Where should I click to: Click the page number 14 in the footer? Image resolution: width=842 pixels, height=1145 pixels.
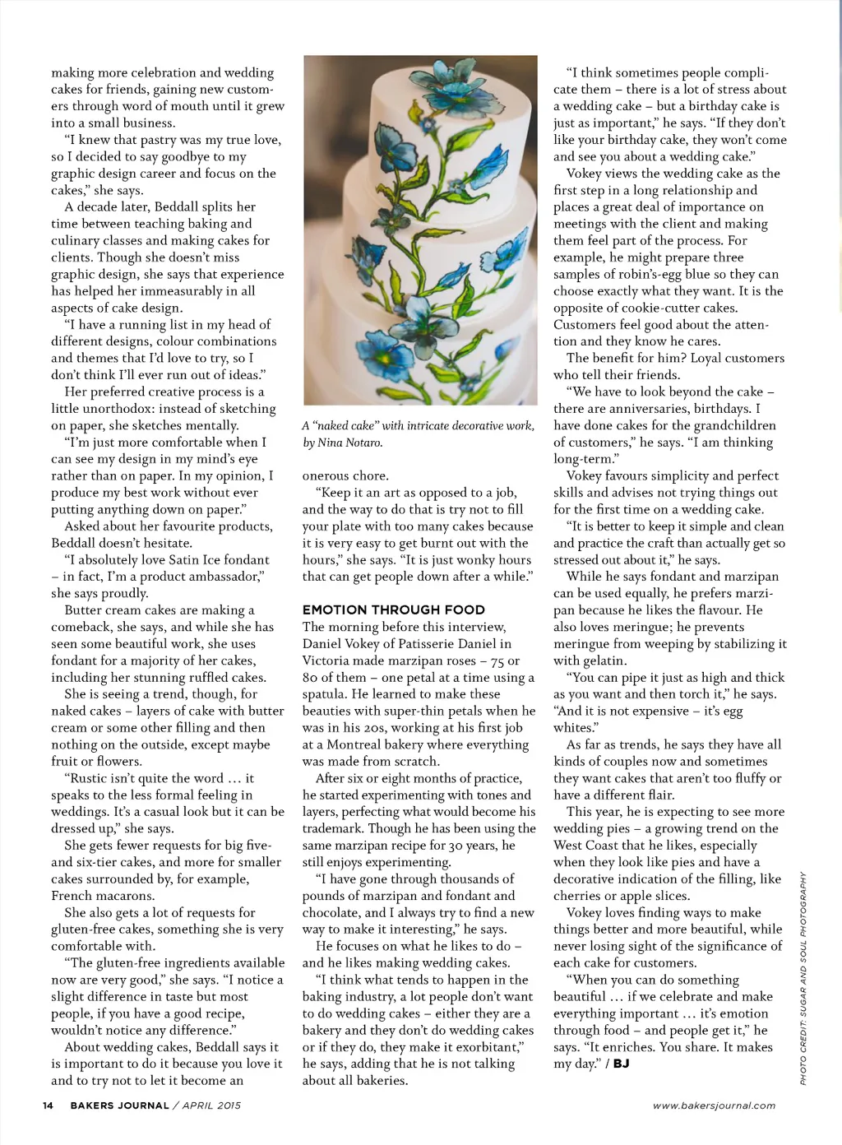click(48, 1106)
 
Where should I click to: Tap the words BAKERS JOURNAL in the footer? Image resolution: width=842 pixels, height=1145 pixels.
click(119, 1106)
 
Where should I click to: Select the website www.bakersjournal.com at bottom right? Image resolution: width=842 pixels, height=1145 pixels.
click(714, 1106)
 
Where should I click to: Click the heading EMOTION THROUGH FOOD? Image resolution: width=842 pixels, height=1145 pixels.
click(393, 610)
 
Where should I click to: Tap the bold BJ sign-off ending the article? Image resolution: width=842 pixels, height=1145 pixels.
click(622, 1064)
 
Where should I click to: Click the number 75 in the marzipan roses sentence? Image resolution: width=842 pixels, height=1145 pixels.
click(498, 661)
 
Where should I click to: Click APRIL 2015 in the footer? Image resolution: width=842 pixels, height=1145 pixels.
click(211, 1106)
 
